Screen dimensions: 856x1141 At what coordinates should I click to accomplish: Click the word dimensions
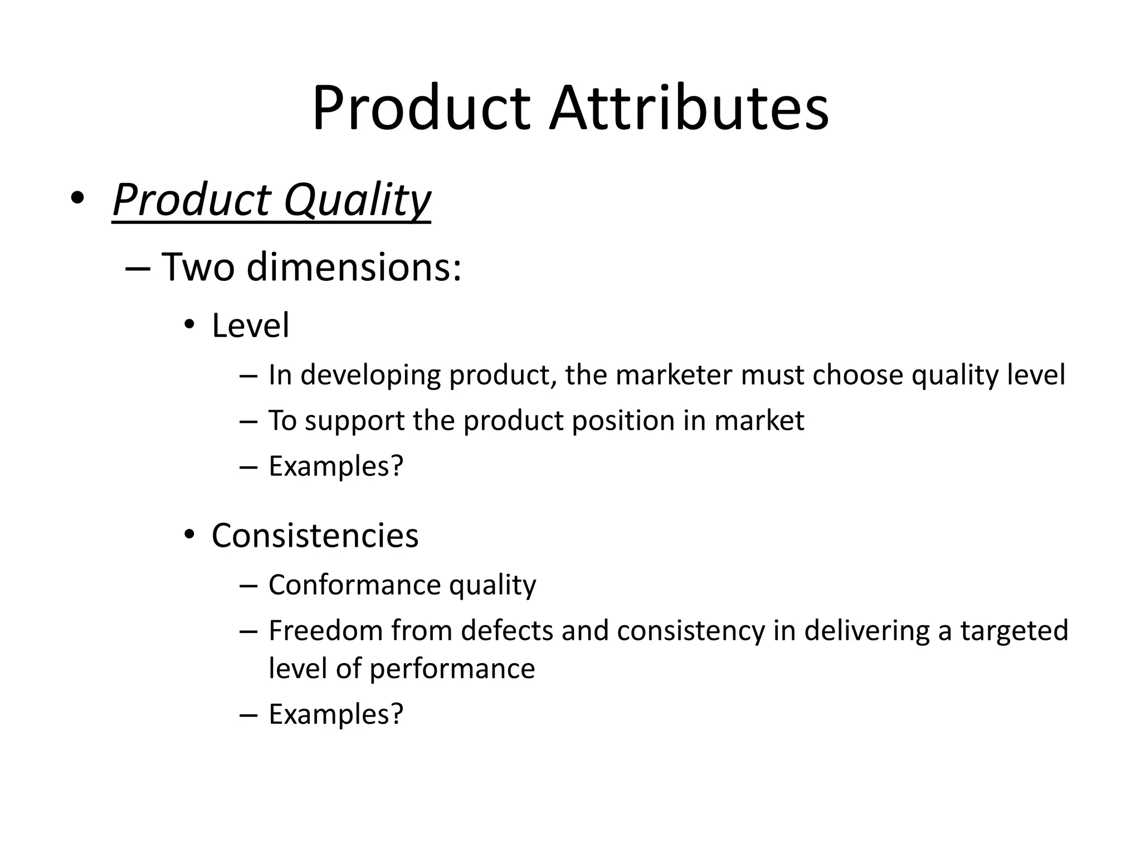click(x=354, y=267)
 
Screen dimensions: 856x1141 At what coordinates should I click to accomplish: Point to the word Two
click(x=198, y=267)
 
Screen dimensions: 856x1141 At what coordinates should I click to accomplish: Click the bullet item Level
click(x=250, y=325)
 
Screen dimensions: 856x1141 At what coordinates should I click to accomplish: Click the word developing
click(x=370, y=374)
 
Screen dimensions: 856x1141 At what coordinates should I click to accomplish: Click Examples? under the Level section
click(x=335, y=466)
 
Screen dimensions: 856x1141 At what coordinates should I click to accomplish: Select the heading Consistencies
click(x=315, y=536)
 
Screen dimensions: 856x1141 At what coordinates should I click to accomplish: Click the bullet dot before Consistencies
click(x=189, y=535)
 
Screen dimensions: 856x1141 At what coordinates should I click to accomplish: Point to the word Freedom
click(x=325, y=630)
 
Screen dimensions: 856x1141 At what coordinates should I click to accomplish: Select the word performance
click(x=452, y=668)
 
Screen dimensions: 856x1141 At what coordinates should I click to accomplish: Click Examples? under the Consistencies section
click(x=335, y=714)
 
